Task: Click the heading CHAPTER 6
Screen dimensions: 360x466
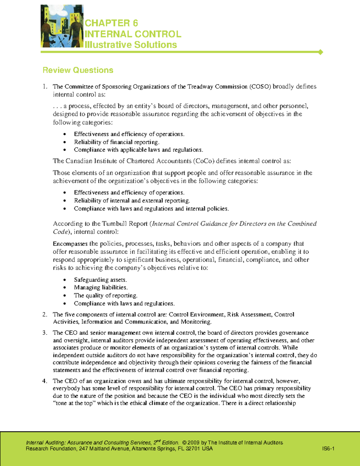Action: click(111, 23)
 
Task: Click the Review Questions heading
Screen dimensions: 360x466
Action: click(78, 70)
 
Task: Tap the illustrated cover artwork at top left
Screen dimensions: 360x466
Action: click(62, 26)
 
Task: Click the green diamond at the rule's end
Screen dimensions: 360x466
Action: click(320, 52)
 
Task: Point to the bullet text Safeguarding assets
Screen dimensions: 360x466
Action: click(100, 280)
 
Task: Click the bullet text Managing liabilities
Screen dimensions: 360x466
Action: click(101, 287)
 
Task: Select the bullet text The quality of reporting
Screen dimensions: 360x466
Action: click(106, 296)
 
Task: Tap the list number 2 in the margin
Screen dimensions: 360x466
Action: click(45, 314)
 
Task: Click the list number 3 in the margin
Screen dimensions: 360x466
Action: click(45, 333)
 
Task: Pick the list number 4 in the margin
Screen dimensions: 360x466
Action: click(45, 381)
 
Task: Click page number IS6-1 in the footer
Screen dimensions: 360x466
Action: click(328, 449)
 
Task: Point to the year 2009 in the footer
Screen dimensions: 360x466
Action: click(194, 443)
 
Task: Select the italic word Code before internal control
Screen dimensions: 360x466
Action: click(60, 232)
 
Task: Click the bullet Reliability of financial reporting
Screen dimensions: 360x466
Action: click(117, 142)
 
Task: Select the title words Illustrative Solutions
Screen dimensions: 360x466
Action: click(131, 45)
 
